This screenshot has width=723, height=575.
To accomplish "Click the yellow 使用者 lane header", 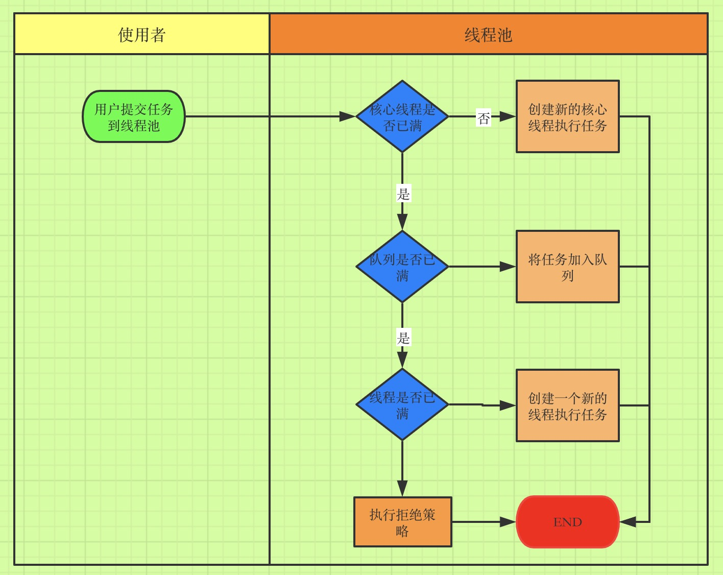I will [141, 34].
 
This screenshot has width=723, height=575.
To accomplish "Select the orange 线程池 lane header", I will [488, 34].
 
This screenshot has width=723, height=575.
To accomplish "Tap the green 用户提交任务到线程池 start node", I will [134, 117].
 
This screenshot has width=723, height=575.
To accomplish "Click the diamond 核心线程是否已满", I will [402, 116].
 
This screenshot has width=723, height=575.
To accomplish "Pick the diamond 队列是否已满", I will [402, 267].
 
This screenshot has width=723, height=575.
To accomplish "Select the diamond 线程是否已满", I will [402, 404].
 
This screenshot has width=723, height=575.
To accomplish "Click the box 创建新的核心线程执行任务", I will [567, 116].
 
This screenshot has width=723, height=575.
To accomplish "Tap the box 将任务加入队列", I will [567, 267].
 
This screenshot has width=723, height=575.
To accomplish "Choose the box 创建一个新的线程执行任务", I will [567, 405].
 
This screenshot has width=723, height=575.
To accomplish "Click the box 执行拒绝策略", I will [402, 522].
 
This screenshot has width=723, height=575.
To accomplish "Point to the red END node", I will [567, 522].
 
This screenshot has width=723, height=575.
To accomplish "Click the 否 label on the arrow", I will [484, 118].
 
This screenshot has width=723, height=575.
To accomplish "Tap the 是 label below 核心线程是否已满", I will [403, 194].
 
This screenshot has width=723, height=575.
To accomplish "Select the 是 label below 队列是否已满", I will [403, 338].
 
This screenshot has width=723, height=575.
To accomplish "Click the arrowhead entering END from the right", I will [628, 522].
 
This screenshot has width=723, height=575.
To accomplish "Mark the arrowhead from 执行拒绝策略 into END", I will [508, 522].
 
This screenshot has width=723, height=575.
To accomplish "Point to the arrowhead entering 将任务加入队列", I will [508, 267].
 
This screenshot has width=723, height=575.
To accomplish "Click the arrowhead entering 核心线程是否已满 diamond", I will [347, 116].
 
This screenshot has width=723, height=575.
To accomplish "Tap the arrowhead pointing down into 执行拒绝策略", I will [402, 488].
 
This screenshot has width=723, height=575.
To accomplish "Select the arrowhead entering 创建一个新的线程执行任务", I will [508, 405].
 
